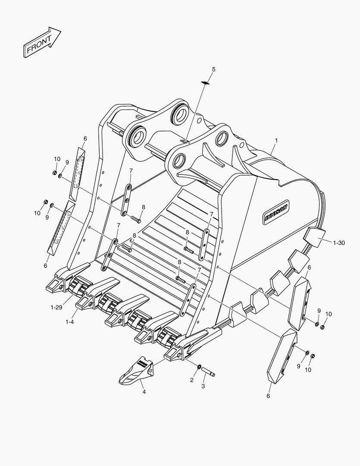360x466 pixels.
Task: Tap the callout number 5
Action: point(213,69)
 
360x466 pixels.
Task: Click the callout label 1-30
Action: point(338,243)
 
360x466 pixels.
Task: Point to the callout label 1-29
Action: point(56,307)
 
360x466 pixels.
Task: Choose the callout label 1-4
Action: point(70,322)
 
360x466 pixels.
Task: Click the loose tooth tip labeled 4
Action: point(136,371)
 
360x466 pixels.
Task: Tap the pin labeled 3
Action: point(208,372)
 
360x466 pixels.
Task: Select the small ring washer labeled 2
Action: point(199,366)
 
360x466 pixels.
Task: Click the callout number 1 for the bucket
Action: point(276,140)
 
